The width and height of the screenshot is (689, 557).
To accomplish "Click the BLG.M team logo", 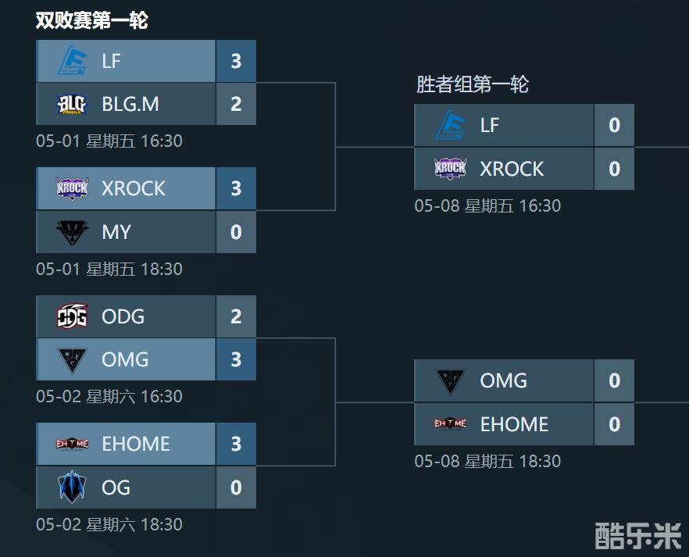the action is pos(72,105).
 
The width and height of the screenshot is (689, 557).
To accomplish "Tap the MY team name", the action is pos(116,232).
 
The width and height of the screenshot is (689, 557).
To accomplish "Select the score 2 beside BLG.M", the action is pos(236,104).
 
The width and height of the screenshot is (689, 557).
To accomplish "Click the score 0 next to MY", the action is pos(236,232).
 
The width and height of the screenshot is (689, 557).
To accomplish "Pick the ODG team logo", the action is pos(73,316).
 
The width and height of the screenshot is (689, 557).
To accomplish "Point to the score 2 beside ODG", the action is pos(236,316).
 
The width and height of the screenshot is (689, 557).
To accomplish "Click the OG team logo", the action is pos(72,487).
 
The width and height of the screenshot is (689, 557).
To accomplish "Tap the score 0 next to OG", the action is pos(236,487).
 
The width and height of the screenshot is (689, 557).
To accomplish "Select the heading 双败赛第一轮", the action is pos(92,20).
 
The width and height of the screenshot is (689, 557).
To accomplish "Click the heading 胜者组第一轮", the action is pos(473,84).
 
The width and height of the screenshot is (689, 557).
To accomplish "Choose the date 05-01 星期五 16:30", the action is pos(109,141).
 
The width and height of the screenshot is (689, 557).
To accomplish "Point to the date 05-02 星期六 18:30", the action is pos(109,524).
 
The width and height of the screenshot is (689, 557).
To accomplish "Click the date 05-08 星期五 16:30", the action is pos(487,205).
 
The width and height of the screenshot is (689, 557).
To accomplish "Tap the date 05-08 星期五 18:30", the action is pos(487,461).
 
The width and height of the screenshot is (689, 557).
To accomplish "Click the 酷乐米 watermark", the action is pos(638,535).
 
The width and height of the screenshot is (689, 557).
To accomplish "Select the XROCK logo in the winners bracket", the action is pos(450,168).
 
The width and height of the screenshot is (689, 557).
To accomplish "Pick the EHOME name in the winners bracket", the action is pos(514,424).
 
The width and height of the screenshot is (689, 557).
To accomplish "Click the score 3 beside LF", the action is pos(236,61).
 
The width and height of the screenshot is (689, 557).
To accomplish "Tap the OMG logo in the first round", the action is pos(73,360).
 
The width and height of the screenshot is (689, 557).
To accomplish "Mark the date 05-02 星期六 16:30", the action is pos(109,397).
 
